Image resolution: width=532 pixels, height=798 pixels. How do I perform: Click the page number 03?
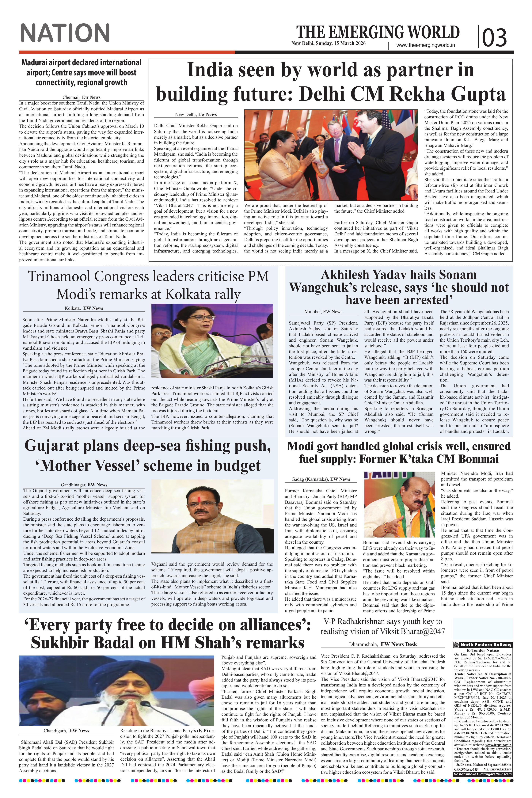click(494, 37)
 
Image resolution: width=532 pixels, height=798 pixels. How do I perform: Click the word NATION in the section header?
click(65, 33)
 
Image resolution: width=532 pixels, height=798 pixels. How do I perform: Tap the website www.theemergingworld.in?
click(425, 45)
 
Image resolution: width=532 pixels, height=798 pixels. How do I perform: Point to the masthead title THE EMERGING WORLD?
click(378, 32)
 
